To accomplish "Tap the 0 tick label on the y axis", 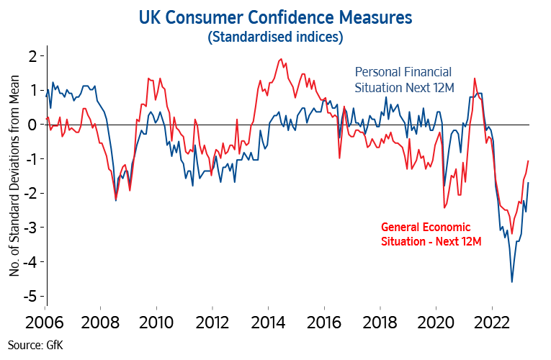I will (x=31, y=125).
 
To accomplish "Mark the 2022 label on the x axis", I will (x=493, y=322).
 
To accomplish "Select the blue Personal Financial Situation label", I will (x=403, y=79).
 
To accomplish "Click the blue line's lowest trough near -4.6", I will (x=512, y=282).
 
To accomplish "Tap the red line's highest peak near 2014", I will (x=279, y=59).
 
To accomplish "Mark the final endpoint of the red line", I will (x=529, y=161).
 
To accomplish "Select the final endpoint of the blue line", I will (x=529, y=182).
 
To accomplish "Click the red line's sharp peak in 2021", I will (x=475, y=78).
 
